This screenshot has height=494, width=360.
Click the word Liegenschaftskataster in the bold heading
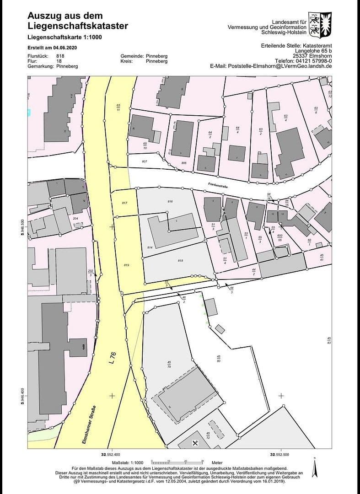click(x=78, y=26)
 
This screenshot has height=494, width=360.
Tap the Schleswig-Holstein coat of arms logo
click(x=320, y=24)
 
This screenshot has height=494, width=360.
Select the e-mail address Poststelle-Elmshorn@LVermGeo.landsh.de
click(x=271, y=66)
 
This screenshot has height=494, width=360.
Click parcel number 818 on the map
click(x=180, y=260)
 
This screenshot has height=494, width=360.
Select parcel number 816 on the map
click(x=170, y=201)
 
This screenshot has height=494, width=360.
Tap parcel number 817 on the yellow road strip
click(x=125, y=202)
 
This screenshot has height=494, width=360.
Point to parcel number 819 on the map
click(x=127, y=265)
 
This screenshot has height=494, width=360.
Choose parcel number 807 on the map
click(x=145, y=161)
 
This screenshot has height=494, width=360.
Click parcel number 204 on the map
click(x=75, y=219)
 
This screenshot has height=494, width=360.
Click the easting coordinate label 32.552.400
click(x=110, y=454)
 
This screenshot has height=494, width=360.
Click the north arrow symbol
click(x=314, y=467)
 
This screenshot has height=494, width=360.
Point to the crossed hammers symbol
click(x=196, y=443)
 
